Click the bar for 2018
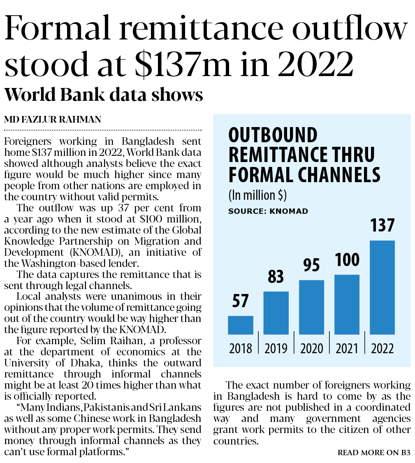[x=241, y=325]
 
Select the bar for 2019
[x=276, y=313]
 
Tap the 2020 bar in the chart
[x=311, y=307]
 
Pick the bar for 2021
[x=347, y=304]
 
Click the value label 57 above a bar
[x=241, y=301]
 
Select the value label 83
[x=276, y=277]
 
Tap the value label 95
[x=311, y=265]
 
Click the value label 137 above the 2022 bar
[x=382, y=226]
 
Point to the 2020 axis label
[x=312, y=349]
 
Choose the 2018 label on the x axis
[x=241, y=349]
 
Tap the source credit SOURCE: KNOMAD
[x=268, y=211]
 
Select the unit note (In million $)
[x=257, y=195]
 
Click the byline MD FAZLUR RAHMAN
[x=53, y=120]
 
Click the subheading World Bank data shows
[x=104, y=95]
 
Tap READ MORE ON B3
[x=374, y=453]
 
